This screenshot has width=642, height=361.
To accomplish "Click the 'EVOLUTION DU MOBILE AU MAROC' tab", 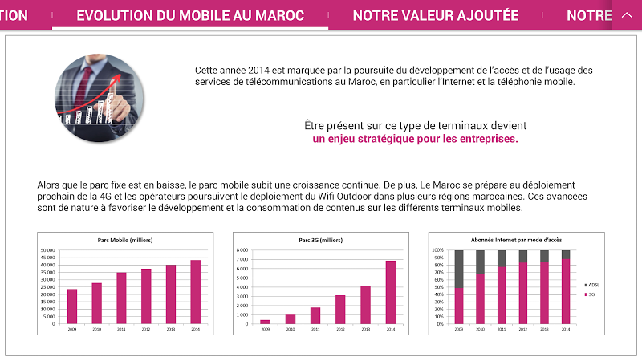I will [x=190, y=15].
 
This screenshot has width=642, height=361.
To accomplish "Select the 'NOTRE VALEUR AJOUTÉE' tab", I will [x=436, y=15].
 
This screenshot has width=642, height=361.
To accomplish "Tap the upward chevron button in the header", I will [x=627, y=15].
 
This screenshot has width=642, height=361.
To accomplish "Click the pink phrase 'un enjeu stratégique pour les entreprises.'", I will [x=415, y=139].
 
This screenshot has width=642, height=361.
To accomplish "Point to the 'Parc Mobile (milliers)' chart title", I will [x=124, y=240].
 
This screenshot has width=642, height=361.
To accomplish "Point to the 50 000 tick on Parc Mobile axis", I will [x=48, y=250].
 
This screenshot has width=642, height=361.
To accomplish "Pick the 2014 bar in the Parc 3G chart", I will [x=391, y=292].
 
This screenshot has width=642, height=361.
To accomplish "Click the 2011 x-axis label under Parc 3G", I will [x=315, y=328].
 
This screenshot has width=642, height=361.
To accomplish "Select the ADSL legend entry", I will [x=591, y=285].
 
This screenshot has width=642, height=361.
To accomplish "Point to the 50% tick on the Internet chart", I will [x=438, y=287].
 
